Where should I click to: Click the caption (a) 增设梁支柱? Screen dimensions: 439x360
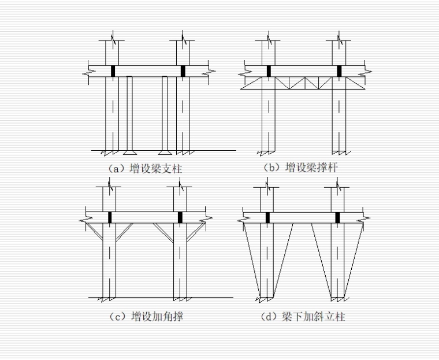(145, 169)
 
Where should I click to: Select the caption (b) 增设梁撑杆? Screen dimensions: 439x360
(300, 168)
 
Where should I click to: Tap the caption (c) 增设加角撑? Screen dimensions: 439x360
(146, 317)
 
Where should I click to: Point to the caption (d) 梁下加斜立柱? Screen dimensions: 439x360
(303, 317)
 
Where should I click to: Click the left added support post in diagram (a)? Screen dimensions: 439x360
(129, 113)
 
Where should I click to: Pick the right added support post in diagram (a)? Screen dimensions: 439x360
(165, 113)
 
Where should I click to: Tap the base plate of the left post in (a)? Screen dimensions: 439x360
(130, 153)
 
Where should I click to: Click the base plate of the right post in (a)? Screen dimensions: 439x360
(165, 153)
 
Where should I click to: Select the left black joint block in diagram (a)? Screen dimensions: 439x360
(113, 71)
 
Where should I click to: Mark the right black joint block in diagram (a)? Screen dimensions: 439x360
(183, 71)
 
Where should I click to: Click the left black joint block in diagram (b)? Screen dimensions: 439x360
(269, 71)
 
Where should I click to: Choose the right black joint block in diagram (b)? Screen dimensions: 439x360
(339, 71)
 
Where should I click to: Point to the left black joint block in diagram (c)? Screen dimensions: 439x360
(110, 218)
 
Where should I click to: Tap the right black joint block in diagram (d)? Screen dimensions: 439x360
(338, 218)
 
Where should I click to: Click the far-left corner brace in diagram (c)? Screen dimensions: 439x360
(94, 231)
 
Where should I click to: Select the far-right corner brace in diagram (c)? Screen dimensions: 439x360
(196, 232)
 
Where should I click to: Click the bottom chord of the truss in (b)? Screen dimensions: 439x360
(303, 89)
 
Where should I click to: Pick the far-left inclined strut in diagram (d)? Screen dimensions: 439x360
(252, 260)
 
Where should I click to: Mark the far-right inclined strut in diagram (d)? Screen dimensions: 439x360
(354, 260)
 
